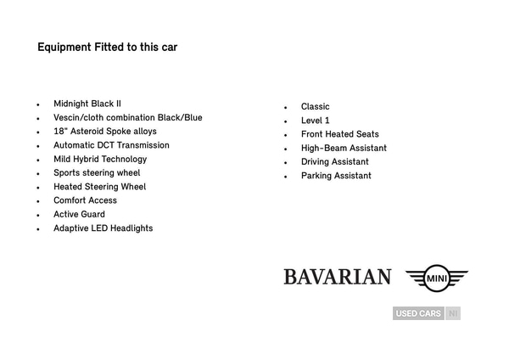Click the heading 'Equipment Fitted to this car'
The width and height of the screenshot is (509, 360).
coord(107,48)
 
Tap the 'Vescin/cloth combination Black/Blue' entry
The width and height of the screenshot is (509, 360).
coord(127,117)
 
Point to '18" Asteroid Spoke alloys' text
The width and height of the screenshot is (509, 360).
coord(104,132)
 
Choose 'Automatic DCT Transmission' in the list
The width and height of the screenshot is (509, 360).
coord(111,145)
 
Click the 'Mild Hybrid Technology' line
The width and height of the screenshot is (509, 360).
coord(100,159)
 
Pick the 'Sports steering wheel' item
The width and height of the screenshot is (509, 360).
coord(97,173)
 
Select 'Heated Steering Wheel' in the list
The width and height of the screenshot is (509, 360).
coord(99,187)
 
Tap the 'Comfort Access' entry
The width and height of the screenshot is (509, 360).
coord(85,200)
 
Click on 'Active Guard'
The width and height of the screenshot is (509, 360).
coord(79,215)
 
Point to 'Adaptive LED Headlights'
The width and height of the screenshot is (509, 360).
coord(103,228)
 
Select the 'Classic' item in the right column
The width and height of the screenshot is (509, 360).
coord(315,107)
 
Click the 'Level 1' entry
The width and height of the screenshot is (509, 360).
coord(315,121)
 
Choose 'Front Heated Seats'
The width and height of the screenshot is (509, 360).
coord(339,134)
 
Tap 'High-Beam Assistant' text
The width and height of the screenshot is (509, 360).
coord(344,148)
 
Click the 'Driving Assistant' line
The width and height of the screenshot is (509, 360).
coord(334,162)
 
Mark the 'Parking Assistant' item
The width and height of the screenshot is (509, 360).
coord(336,176)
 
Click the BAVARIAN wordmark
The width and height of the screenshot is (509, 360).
coord(337,277)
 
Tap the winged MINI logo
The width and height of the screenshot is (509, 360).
coord(436,277)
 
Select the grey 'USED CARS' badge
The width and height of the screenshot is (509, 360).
coord(418,313)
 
